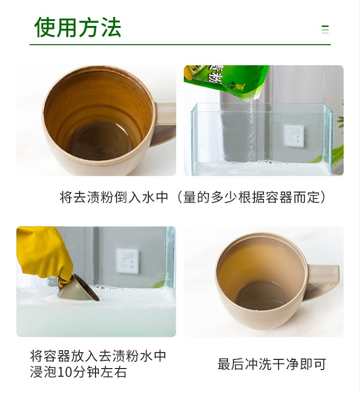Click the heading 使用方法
point(78,27)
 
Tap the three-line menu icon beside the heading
point(325,29)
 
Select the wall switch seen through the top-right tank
point(294,136)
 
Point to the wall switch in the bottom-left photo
point(128,261)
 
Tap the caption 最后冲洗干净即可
point(272,364)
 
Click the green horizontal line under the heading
point(180,45)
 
